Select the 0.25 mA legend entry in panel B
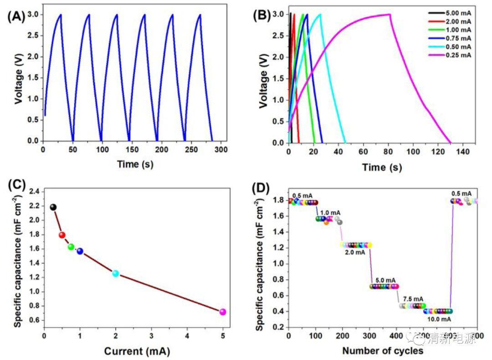[458, 55]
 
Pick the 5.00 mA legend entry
[458, 14]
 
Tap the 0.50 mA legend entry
[458, 47]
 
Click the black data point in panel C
[53, 207]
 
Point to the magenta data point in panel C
[223, 312]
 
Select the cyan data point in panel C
[116, 273]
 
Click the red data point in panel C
[62, 235]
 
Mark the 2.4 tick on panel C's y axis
[35, 192]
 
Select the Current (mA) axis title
[133, 351]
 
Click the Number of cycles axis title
[383, 351]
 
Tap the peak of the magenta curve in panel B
[390, 14]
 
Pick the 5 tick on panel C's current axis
[223, 337]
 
